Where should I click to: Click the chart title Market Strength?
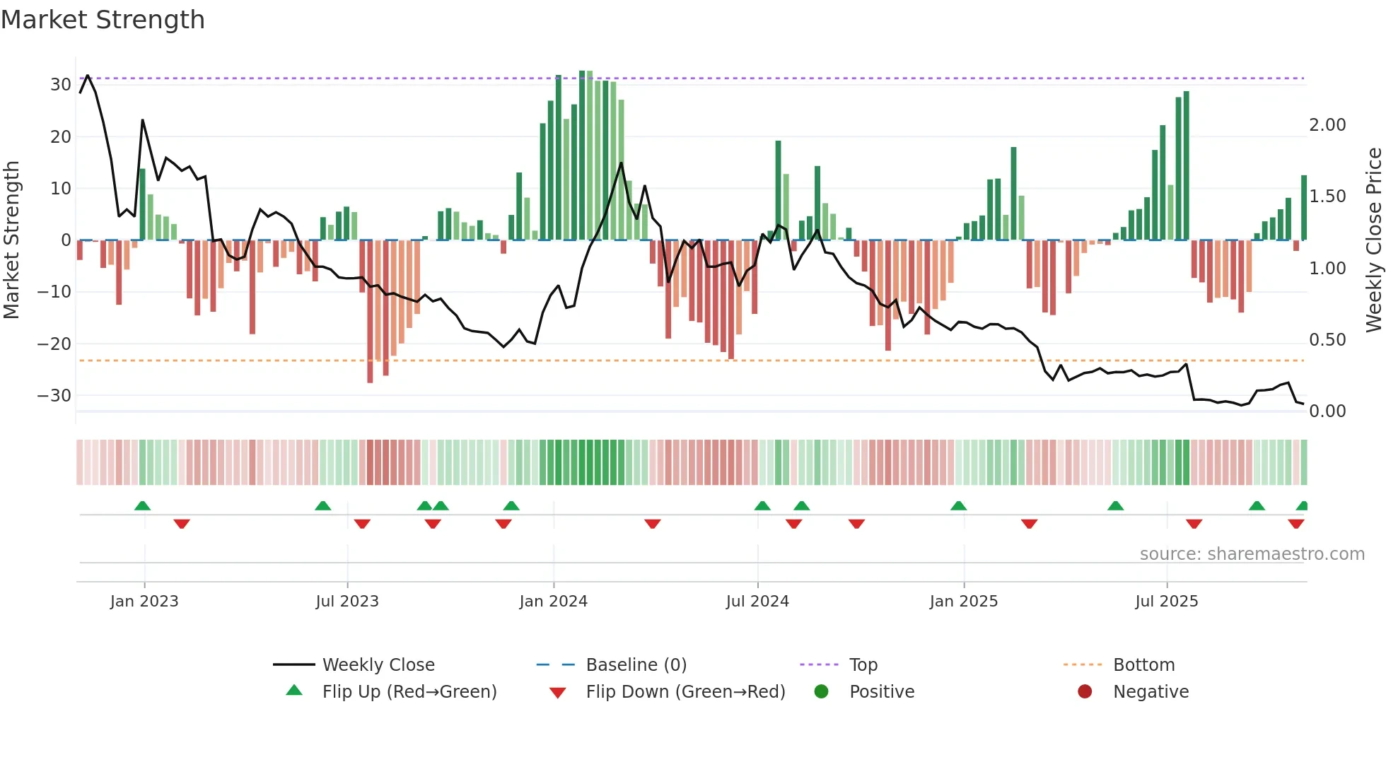(103, 20)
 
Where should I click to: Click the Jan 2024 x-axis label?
(553, 602)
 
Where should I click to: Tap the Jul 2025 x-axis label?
(1166, 602)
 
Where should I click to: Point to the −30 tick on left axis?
(54, 396)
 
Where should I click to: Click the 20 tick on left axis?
(60, 137)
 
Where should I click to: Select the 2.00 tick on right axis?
(1327, 125)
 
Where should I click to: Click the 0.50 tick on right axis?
(1327, 340)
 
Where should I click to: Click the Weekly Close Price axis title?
(1373, 240)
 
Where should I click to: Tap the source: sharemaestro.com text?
(1252, 554)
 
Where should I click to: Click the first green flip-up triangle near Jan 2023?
(142, 506)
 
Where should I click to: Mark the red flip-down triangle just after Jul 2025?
(1194, 524)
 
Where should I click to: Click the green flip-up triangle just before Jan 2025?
(958, 506)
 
